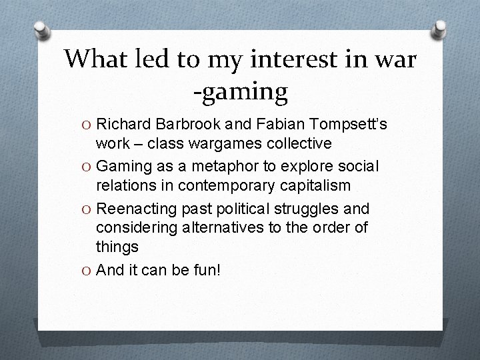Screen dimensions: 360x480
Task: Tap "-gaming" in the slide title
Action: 240,91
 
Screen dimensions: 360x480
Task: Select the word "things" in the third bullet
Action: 117,247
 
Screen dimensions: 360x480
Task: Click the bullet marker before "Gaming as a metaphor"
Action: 87,165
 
